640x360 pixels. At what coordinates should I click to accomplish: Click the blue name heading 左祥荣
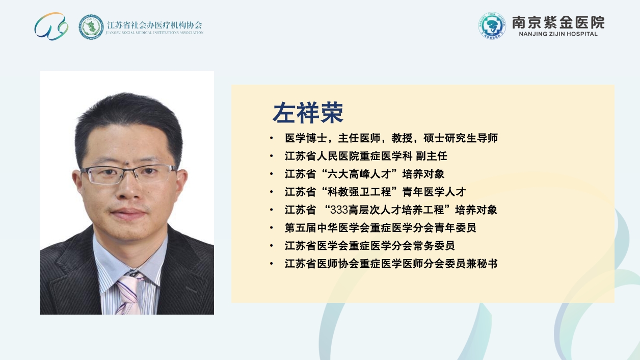coord(308,113)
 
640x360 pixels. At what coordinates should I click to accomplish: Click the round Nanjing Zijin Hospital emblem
coord(492,25)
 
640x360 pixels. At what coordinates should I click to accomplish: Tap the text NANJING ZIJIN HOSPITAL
coord(558,34)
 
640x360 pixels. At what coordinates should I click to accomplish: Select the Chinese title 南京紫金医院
coord(558,22)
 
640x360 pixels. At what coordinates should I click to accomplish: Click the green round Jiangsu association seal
coord(91,27)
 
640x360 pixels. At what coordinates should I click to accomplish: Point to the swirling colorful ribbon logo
coord(51,27)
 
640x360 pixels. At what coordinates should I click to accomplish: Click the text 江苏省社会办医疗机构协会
coord(154,25)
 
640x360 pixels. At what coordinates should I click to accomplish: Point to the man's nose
coord(128,189)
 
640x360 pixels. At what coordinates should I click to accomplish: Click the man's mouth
coord(128,213)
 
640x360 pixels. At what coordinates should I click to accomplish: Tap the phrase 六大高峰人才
coord(359,174)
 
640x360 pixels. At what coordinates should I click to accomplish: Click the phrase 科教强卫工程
coord(359,192)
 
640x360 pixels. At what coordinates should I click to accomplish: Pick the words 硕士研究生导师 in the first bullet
coord(461,138)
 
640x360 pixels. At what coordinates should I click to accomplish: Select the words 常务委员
coord(434,246)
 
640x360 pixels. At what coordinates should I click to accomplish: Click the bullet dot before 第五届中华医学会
coord(272,228)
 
